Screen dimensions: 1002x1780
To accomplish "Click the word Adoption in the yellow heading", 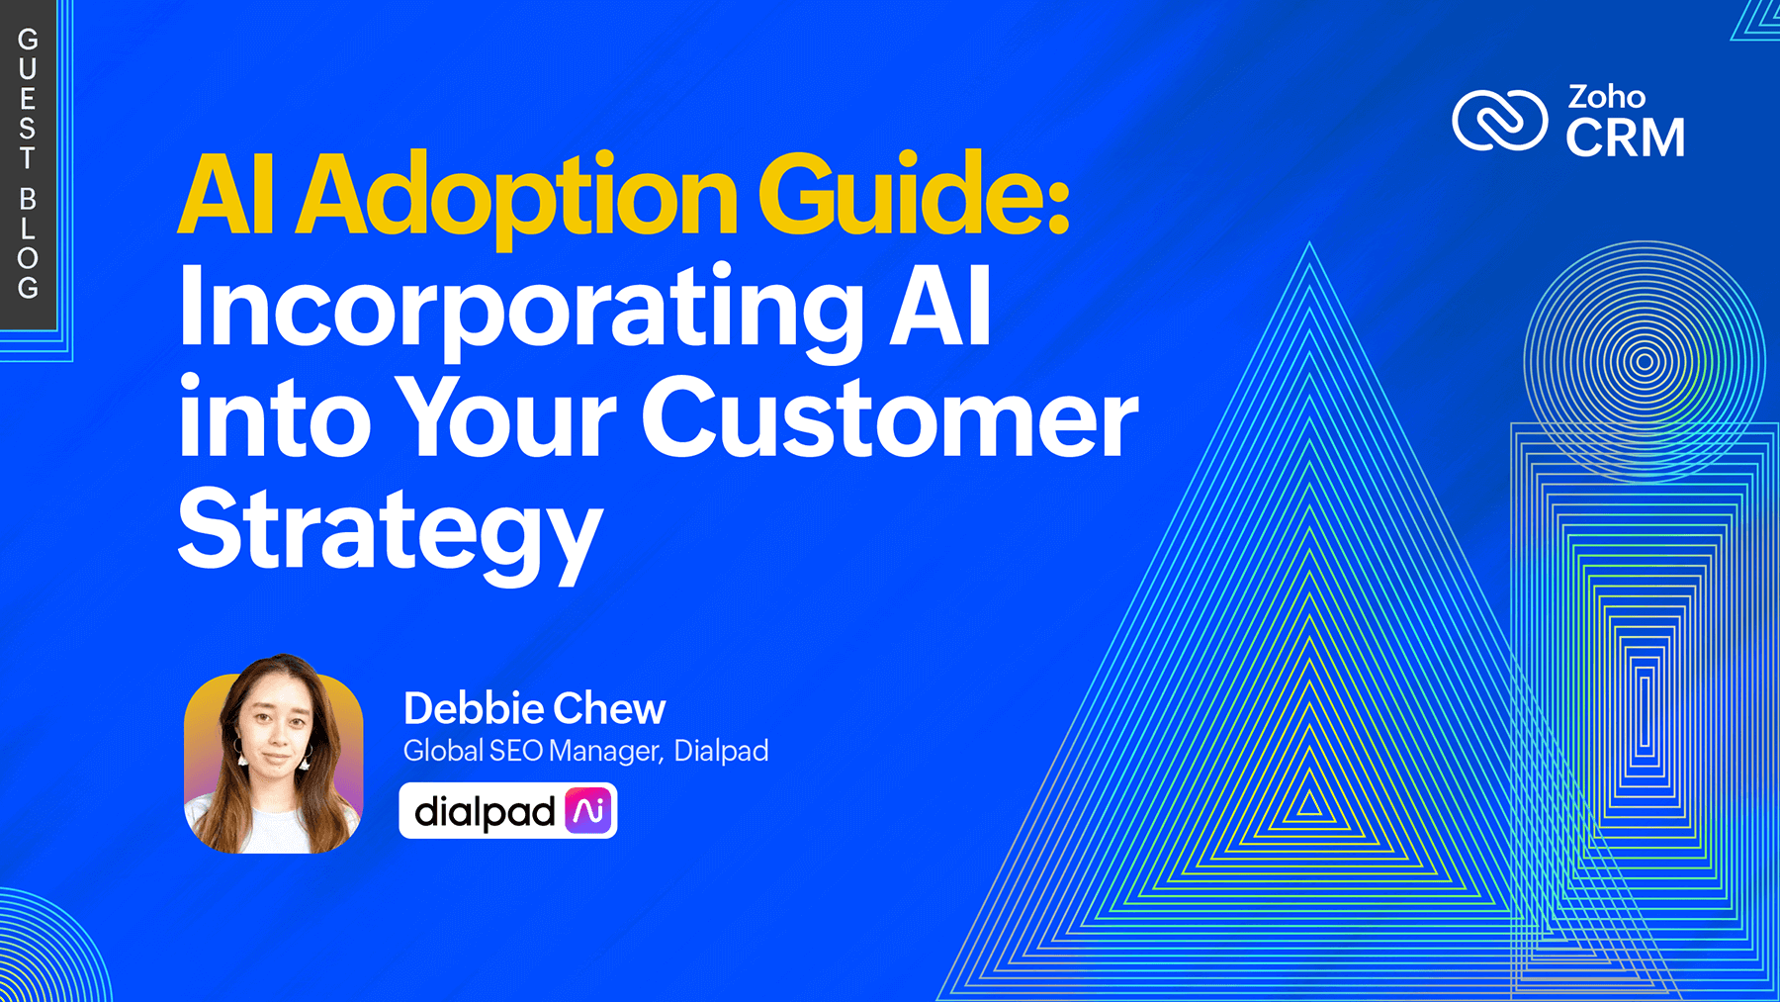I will click(517, 195).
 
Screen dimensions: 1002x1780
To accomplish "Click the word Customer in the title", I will click(890, 419).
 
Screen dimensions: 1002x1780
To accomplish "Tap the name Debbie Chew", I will click(534, 708).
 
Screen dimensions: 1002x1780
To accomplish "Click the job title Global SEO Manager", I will click(530, 751).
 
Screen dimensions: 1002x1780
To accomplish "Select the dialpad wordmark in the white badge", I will click(485, 812).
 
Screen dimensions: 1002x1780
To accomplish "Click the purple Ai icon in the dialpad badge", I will click(588, 811).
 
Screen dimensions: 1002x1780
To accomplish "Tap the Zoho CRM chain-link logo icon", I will click(1499, 121).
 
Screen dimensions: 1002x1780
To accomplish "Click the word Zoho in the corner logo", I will click(1606, 97).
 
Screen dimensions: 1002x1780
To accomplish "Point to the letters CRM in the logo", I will click(1625, 137).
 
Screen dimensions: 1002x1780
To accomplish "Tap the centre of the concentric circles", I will click(1645, 362).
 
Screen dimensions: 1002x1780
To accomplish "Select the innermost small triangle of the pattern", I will click(1309, 801).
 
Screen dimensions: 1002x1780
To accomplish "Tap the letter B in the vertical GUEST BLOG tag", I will click(28, 199).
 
